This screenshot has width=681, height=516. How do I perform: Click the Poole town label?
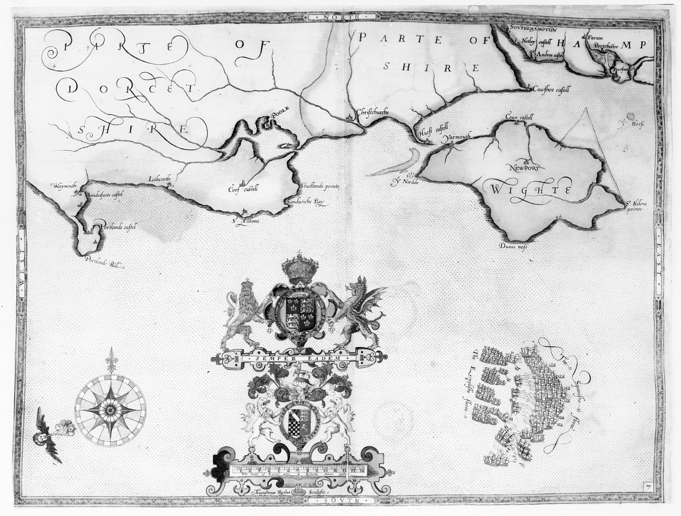tap(281, 110)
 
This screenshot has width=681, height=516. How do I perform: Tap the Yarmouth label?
tap(457, 138)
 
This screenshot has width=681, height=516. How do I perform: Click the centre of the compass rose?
tap(111, 406)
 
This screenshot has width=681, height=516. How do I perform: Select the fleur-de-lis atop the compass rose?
tap(111, 360)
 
